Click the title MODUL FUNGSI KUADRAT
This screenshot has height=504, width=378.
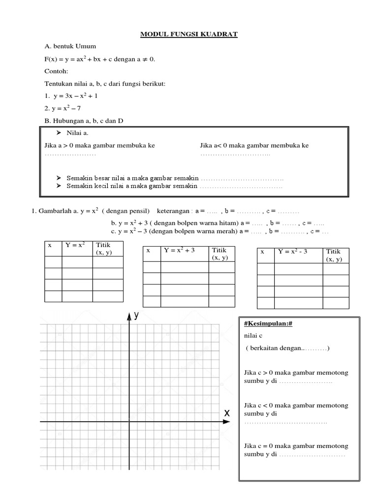click(x=189, y=34)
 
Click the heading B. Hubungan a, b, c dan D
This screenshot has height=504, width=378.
click(x=84, y=121)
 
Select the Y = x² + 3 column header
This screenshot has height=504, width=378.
click(x=180, y=250)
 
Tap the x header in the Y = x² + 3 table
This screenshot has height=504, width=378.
click(x=148, y=251)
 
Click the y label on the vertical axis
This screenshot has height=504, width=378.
click(x=137, y=315)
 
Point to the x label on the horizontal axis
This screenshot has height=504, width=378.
click(x=227, y=413)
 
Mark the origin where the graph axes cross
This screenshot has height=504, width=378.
click(x=129, y=422)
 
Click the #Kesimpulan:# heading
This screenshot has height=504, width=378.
click(x=264, y=323)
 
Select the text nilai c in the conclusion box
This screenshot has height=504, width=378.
click(x=253, y=336)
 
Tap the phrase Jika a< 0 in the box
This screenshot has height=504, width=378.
click(x=214, y=146)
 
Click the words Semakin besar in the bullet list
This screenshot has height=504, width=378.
click(x=86, y=178)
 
